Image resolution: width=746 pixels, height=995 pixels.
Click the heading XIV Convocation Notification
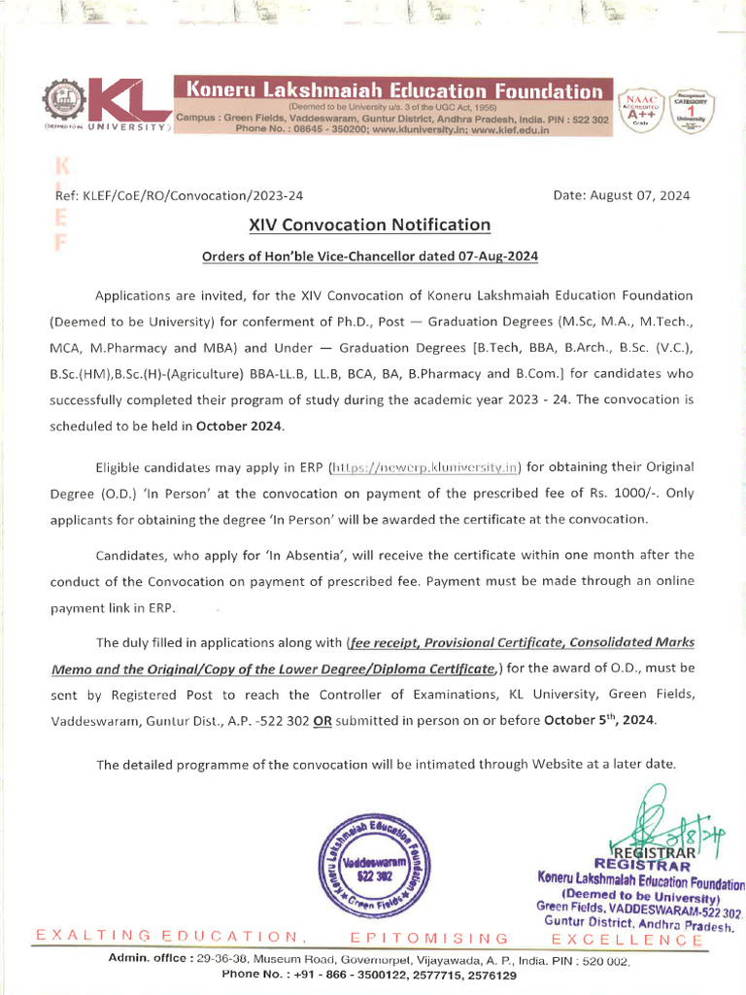[369, 224]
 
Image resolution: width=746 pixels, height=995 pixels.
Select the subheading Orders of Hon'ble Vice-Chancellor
[369, 257]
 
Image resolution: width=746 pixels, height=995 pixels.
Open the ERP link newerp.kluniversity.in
[427, 466]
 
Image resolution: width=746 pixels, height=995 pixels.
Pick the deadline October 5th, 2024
[599, 720]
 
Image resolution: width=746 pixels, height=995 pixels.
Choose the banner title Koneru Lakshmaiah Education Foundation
[393, 90]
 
